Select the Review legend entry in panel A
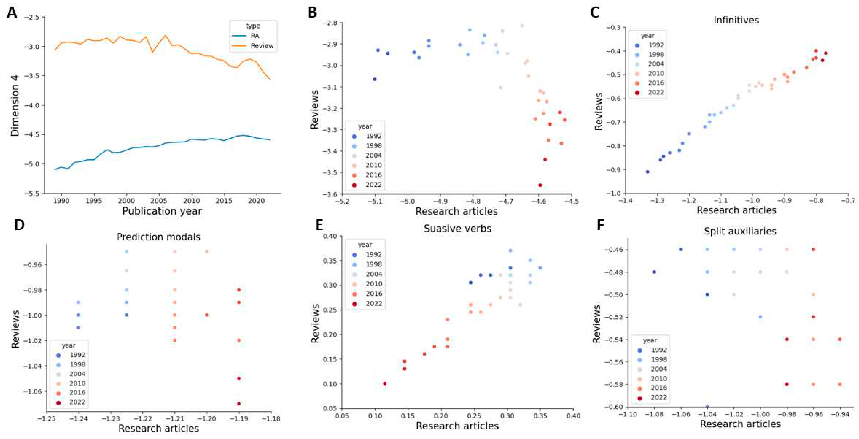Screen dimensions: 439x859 tap(262, 46)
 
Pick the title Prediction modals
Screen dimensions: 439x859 tap(158, 237)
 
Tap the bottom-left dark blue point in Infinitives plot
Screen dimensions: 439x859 tap(647, 172)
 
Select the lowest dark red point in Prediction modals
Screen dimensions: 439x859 tap(239, 404)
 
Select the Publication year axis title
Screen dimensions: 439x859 tap(162, 211)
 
